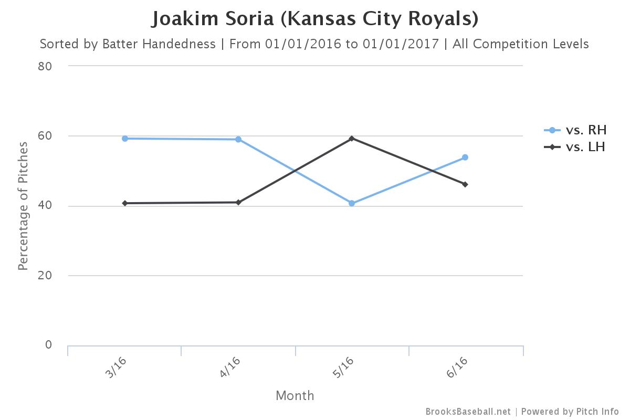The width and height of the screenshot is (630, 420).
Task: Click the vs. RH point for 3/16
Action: tap(125, 139)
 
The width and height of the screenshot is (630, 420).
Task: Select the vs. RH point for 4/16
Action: tap(238, 140)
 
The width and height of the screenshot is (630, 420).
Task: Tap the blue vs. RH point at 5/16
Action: tap(352, 203)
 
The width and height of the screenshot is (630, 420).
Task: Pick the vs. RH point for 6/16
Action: tap(465, 157)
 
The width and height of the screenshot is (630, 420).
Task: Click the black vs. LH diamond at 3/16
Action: tap(125, 203)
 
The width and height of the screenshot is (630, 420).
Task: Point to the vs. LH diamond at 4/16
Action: tap(238, 202)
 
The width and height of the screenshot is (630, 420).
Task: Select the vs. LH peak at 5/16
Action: tap(352, 139)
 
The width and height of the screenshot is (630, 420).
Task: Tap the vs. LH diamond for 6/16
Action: tap(465, 184)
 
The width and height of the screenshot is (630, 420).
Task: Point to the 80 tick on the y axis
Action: tap(45, 66)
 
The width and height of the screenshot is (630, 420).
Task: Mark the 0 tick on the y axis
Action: tap(48, 345)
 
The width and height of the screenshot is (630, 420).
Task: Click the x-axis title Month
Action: tap(295, 395)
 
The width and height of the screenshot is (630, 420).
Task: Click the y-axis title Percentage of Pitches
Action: tap(23, 206)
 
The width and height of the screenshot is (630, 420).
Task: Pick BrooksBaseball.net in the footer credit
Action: tap(468, 412)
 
